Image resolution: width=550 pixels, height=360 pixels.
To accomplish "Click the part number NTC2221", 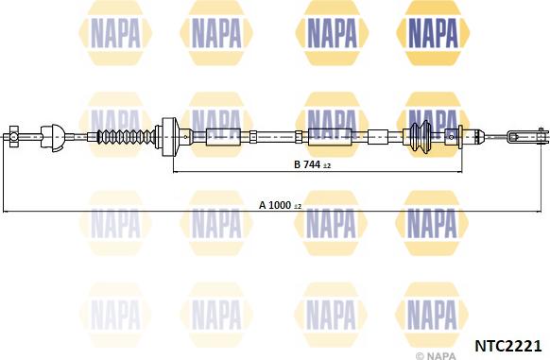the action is (507, 346).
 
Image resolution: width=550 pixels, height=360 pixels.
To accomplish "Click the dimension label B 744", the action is (307, 164).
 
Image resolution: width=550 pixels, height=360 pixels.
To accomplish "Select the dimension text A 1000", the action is (275, 205).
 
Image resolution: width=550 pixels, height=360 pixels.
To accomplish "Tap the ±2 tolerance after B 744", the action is (327, 165).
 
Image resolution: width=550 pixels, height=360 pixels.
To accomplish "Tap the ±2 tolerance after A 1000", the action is (298, 206).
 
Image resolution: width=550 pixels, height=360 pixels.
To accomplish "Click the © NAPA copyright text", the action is (436, 355).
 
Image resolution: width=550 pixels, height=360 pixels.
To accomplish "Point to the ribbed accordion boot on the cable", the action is (126, 136).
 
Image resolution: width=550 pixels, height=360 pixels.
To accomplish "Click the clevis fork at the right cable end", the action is (527, 136).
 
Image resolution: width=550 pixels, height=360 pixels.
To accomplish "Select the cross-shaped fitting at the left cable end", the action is (13, 136).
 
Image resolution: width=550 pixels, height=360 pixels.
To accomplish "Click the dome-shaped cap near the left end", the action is (53, 137).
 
